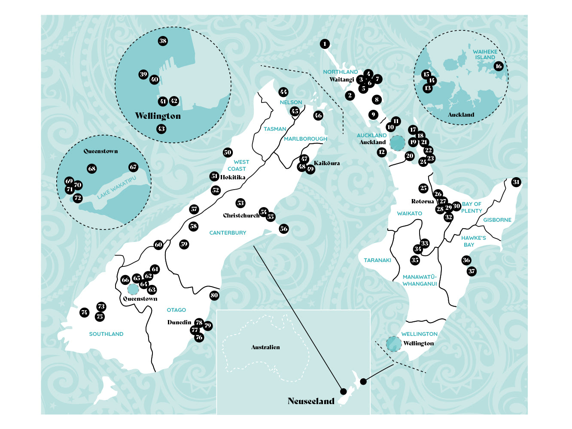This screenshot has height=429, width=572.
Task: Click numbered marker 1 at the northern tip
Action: pyautogui.click(x=325, y=44)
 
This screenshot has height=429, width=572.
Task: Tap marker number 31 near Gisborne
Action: pyautogui.click(x=516, y=182)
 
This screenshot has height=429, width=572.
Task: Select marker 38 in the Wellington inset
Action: pyautogui.click(x=163, y=41)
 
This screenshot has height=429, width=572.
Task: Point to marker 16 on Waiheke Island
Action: pyautogui.click(x=499, y=66)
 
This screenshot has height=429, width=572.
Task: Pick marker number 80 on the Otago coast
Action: pyautogui.click(x=214, y=295)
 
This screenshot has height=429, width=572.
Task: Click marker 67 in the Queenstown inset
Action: pyautogui.click(x=133, y=167)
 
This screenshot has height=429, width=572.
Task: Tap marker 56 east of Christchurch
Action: pyautogui.click(x=283, y=229)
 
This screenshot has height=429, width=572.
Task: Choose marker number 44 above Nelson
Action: pyautogui.click(x=283, y=92)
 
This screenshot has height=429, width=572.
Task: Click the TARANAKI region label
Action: pyautogui.click(x=377, y=260)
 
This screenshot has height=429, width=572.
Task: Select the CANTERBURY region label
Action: pyautogui.click(x=228, y=233)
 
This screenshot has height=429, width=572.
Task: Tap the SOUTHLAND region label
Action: pyautogui.click(x=106, y=334)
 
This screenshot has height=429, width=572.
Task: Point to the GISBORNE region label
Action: pyautogui.click(x=497, y=220)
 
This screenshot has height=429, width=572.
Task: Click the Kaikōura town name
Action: pyautogui.click(x=327, y=163)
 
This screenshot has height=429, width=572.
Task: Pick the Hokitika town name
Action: pyautogui.click(x=233, y=177)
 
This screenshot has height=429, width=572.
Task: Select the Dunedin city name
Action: pyautogui.click(x=179, y=322)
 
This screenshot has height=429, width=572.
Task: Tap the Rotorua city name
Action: pyautogui.click(x=423, y=201)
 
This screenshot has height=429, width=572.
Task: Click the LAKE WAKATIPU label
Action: pyautogui.click(x=116, y=187)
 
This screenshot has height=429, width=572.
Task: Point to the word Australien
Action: pyautogui.click(x=265, y=347)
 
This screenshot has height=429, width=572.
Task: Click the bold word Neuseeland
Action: pyautogui.click(x=311, y=401)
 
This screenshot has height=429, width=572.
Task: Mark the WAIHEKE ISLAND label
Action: pyautogui.click(x=485, y=54)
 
